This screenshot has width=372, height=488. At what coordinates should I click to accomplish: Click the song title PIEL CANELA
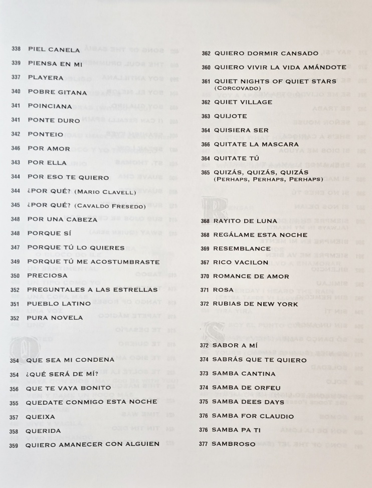[x=54, y=50]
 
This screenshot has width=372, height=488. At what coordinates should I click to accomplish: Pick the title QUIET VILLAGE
[x=243, y=102]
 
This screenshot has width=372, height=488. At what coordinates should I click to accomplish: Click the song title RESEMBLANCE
[x=242, y=249]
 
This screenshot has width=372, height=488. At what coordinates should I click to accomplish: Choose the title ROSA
[x=224, y=291]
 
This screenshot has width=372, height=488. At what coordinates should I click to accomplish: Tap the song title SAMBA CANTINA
[x=242, y=374]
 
